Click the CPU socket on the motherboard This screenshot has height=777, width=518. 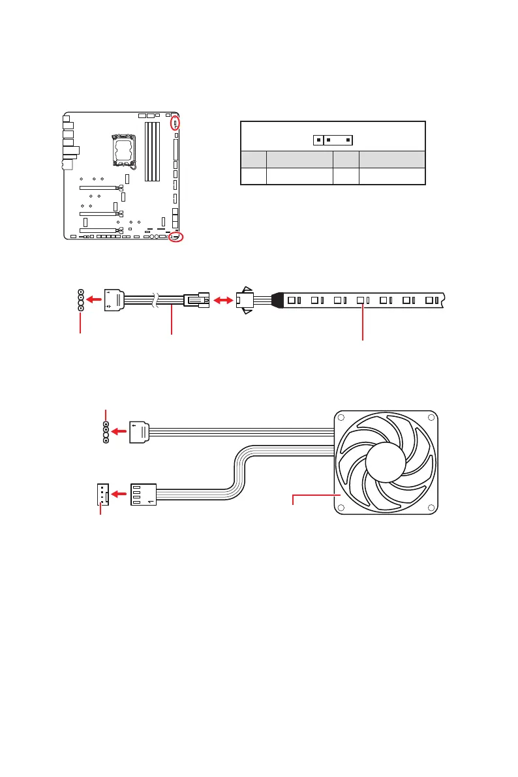(124, 149)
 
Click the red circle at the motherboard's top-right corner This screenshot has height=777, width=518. (175, 123)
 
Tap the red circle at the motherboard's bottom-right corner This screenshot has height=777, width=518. (175, 237)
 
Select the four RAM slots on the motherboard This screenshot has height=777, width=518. (151, 151)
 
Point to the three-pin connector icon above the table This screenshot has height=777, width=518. (333, 140)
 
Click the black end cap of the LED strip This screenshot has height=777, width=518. (275, 301)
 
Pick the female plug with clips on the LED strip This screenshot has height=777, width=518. (245, 301)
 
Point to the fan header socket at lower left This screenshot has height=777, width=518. (101, 495)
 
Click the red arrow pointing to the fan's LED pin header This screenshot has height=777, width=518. (119, 431)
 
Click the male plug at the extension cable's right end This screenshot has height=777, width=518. (196, 301)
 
